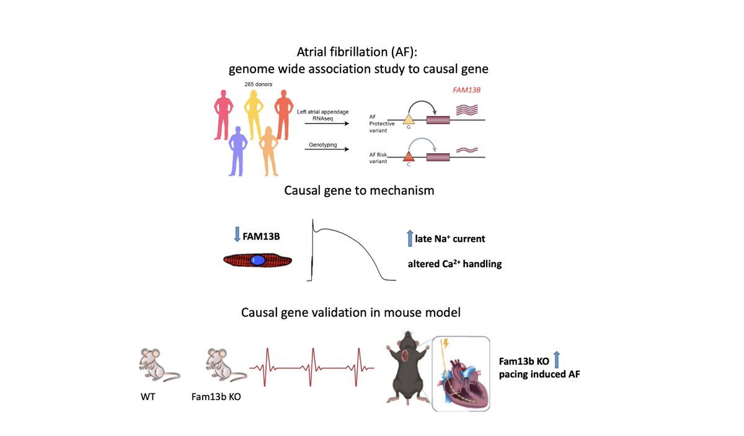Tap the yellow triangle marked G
tap(409, 118)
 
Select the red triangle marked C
tap(409, 158)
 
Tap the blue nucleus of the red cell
tap(257, 261)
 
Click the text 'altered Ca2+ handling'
tap(454, 264)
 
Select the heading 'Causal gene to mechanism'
tap(359, 190)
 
